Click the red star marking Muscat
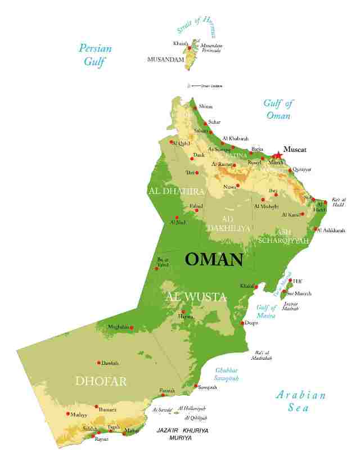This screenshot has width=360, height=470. point(277,156)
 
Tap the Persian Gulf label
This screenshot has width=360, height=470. point(95,55)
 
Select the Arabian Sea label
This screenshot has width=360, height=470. point(301,401)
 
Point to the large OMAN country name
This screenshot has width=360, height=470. point(214,260)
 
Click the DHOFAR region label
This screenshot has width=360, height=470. point(101,381)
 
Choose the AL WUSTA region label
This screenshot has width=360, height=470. point(196,297)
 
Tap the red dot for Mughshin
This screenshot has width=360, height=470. point(133,327)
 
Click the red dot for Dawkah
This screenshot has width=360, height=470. point(99,363)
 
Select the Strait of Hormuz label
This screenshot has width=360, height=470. point(200,25)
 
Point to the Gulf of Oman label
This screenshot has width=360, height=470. point(278,109)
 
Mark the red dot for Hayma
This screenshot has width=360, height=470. point(183,311)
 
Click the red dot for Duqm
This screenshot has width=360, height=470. point(242,323)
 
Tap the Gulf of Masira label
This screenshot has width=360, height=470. point(266,311)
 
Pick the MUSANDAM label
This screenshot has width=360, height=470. point(165,59)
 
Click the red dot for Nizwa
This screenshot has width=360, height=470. point(238,185)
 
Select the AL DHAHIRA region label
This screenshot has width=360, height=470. point(175,191)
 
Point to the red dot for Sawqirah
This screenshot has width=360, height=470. point(196,386)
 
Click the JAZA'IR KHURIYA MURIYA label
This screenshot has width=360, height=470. point(182,433)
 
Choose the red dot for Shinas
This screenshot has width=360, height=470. point(195,107)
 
